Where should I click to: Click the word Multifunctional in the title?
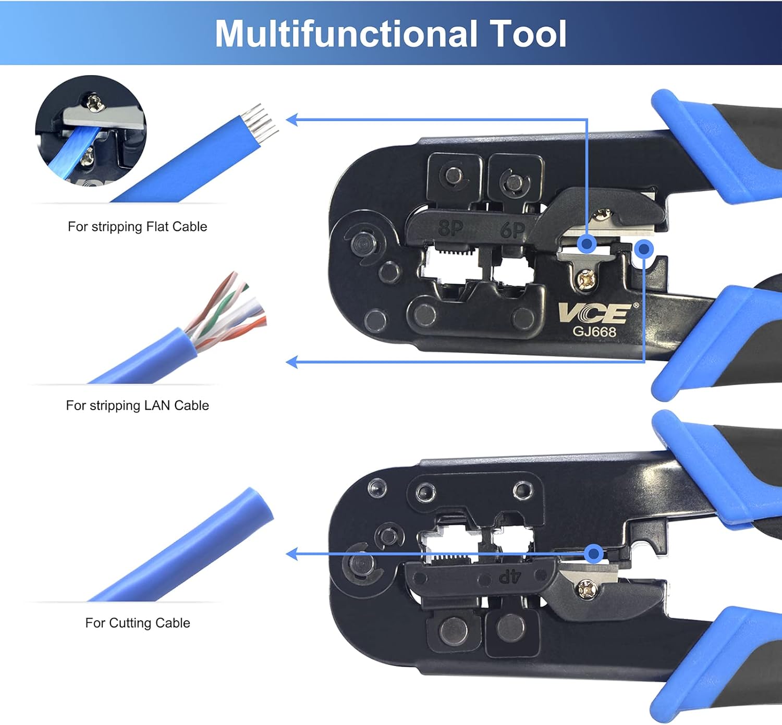346,34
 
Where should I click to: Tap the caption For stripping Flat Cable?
137,227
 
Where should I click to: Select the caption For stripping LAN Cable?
137,405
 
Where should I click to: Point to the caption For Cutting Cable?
137,623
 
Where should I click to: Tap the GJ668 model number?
594,332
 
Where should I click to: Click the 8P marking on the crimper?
450,229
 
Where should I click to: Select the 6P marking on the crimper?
512,229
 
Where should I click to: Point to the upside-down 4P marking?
510,576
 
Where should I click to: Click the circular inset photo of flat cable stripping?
91,131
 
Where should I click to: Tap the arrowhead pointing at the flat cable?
292,120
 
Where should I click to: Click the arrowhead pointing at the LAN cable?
292,362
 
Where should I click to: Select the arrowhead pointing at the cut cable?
292,554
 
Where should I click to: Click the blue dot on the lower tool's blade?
593,554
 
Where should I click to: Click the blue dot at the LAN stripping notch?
644,249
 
